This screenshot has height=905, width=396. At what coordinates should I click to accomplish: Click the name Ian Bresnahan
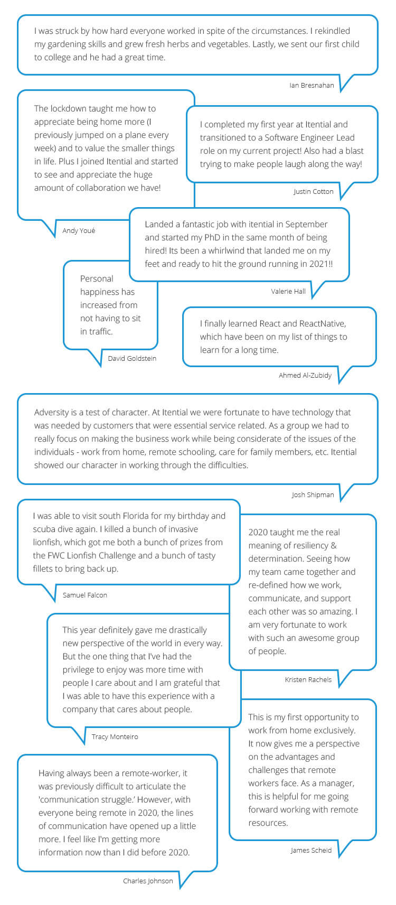tap(312, 85)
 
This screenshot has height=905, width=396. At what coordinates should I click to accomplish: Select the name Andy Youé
tap(79, 230)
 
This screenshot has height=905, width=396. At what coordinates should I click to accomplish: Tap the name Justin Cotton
tap(314, 191)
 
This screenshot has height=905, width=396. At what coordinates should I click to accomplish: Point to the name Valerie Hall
tap(288, 291)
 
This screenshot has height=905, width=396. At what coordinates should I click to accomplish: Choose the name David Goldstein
tap(132, 358)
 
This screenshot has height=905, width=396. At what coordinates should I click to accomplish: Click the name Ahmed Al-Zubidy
tap(305, 375)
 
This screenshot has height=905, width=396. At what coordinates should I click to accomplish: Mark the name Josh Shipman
tap(313, 495)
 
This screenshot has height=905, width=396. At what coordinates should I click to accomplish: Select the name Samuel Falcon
tap(84, 595)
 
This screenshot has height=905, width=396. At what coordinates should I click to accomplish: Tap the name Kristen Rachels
tap(308, 679)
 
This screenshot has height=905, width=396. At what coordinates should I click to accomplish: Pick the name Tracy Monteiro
tap(115, 736)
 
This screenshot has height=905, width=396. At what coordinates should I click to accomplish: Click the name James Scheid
tap(311, 850)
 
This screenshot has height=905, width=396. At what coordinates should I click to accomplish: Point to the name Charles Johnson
tap(148, 881)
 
